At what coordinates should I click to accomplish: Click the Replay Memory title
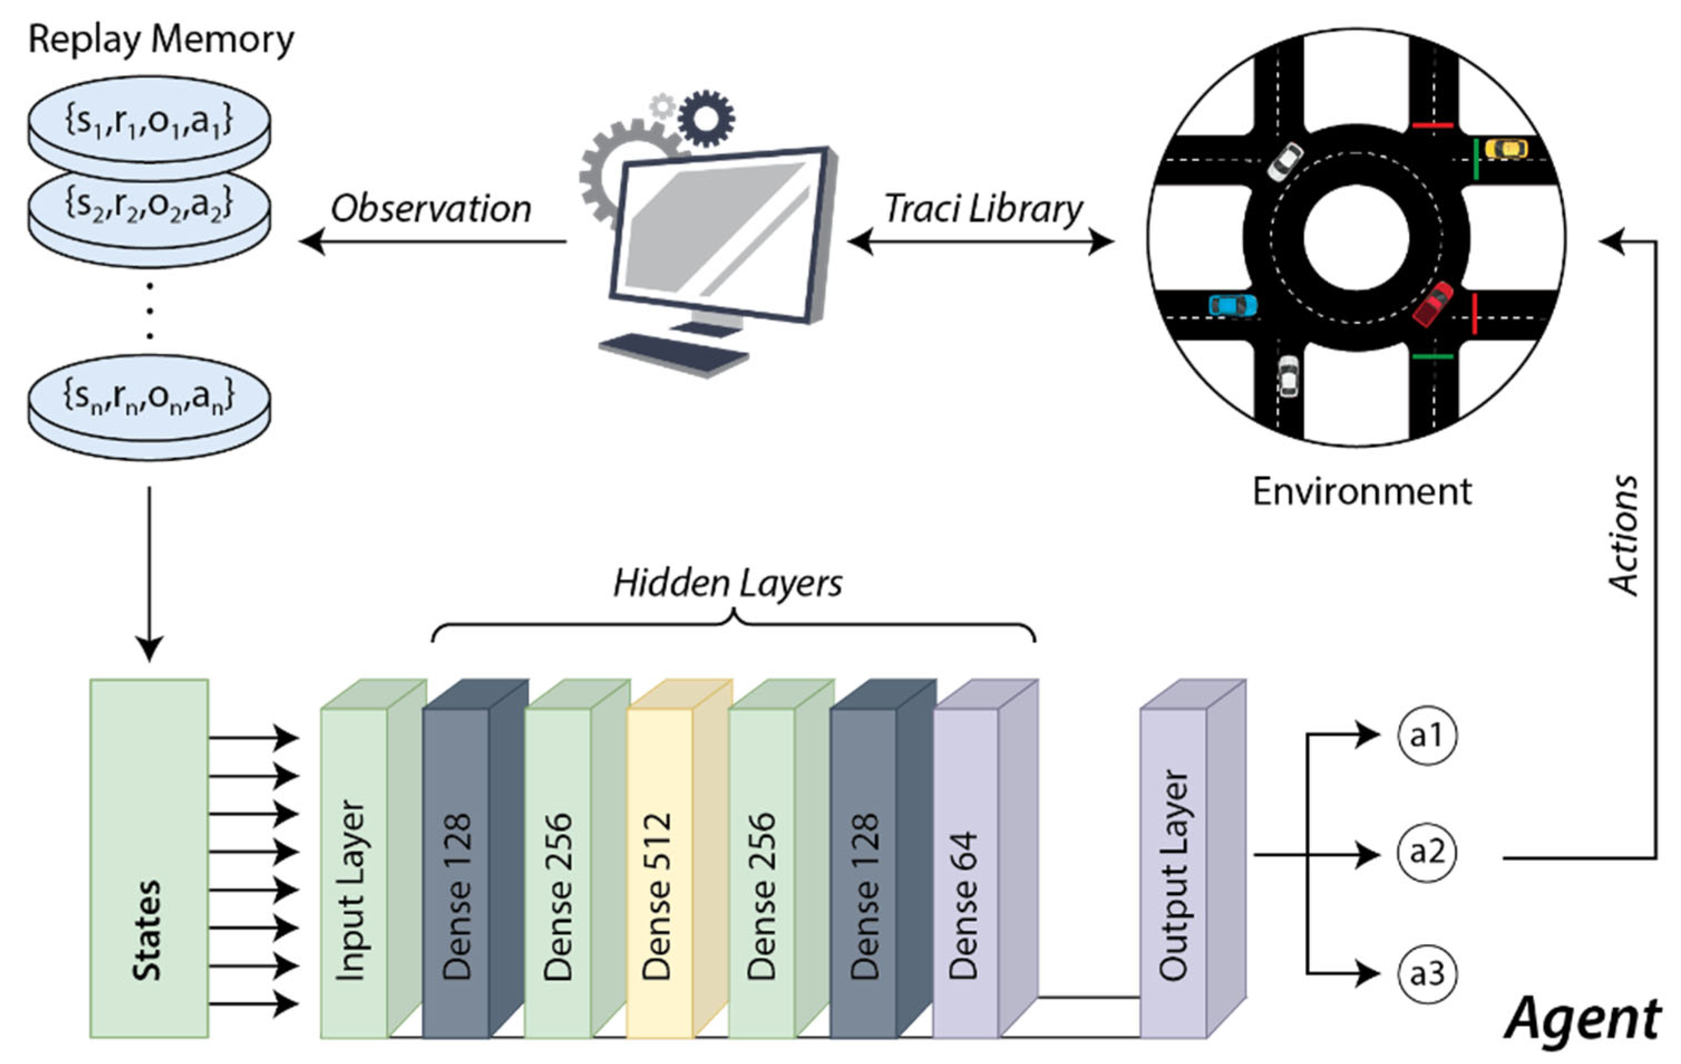[160, 40]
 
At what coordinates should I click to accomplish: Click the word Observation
[431, 209]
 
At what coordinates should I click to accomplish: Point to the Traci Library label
[983, 209]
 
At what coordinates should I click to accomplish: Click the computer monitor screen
[715, 231]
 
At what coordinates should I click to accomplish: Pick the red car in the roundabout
[1432, 304]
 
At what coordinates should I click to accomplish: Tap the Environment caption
[1361, 491]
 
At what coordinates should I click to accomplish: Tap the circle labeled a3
[1427, 973]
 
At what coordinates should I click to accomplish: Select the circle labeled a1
[1427, 735]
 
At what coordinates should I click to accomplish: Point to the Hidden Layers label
[728, 583]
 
